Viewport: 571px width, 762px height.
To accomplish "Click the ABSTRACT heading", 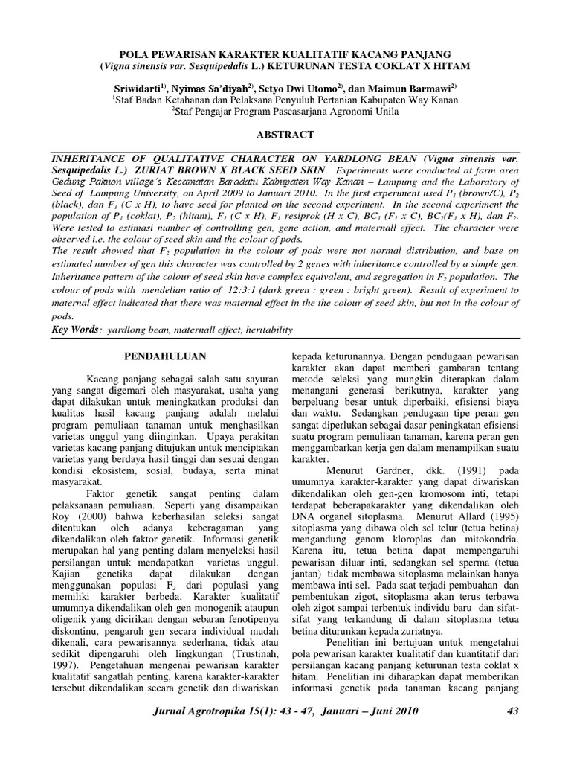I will click(285, 135).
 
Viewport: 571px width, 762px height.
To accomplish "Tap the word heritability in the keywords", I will click(267, 330).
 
